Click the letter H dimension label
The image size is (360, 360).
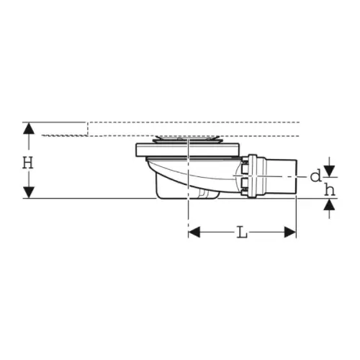(28, 163)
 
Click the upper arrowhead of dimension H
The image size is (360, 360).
(29, 128)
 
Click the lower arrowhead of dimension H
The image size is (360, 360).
(29, 192)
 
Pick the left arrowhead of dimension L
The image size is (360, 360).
(194, 232)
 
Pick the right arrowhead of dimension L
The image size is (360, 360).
(290, 232)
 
